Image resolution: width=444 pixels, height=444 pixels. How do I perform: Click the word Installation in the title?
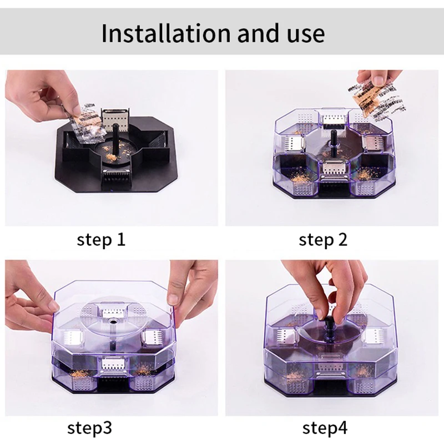click(166, 33)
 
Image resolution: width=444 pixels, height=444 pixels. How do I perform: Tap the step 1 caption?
click(101, 240)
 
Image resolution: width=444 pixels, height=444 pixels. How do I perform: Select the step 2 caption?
click(323, 240)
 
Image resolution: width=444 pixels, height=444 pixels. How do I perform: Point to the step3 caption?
click(89, 428)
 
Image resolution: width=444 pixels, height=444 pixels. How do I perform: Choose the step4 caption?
click(325, 428)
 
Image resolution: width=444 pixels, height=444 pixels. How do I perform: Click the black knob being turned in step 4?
click(328, 325)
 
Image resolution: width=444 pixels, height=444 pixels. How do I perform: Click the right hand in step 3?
click(193, 289)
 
